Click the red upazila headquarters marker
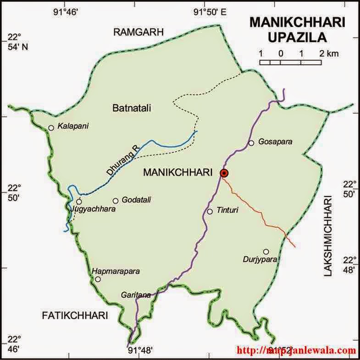[224, 173]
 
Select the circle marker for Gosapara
[251, 143]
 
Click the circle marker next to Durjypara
[266, 251]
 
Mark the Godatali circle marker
[116, 200]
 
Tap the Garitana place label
[136, 295]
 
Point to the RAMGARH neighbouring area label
[139, 32]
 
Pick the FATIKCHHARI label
[75, 316]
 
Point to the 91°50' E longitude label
[210, 12]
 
